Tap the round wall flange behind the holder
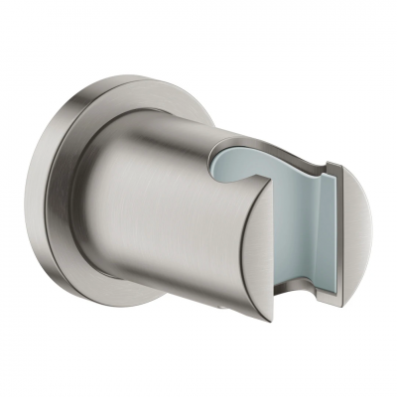point(84,198)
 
